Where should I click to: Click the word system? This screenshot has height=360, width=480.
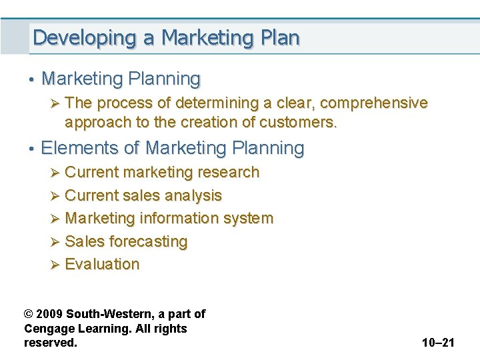tap(248, 218)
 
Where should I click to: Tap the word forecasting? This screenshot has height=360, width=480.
tap(149, 241)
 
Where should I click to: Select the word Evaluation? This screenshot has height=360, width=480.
tap(102, 264)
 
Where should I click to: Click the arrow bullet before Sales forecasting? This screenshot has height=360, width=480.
tap(55, 241)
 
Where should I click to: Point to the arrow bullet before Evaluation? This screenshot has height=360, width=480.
tap(55, 265)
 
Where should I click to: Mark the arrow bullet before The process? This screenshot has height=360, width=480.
tap(55, 103)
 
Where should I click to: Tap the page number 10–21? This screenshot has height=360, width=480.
tap(438, 343)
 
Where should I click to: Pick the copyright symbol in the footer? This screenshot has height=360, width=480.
tap(29, 313)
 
